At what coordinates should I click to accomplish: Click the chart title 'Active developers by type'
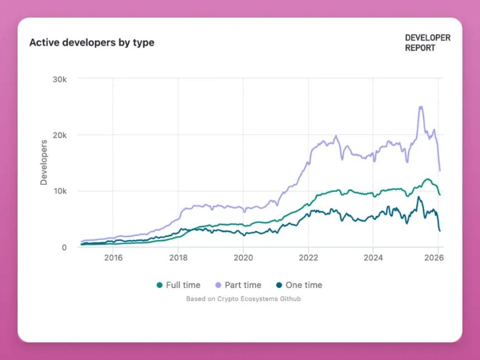[x=92, y=42]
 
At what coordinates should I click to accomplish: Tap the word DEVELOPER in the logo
[x=428, y=38]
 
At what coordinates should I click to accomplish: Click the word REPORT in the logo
[x=420, y=48]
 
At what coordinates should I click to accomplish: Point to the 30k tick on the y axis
[x=60, y=79]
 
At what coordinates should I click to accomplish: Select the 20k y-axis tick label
[x=60, y=135]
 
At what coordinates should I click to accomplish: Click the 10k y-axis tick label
[x=60, y=191]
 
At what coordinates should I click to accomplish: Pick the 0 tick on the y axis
[x=64, y=247]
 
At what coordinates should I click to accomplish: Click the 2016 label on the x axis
[x=113, y=258]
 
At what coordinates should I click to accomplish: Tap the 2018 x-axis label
[x=178, y=258]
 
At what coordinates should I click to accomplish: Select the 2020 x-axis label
[x=243, y=258]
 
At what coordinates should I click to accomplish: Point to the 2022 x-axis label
[x=308, y=258]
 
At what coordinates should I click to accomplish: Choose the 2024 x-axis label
[x=373, y=258]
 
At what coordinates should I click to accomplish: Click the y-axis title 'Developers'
[x=44, y=162]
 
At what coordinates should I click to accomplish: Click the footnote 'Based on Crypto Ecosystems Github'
[x=243, y=299]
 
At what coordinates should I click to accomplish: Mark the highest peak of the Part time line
[x=421, y=106]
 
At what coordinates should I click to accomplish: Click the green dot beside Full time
[x=160, y=285]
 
